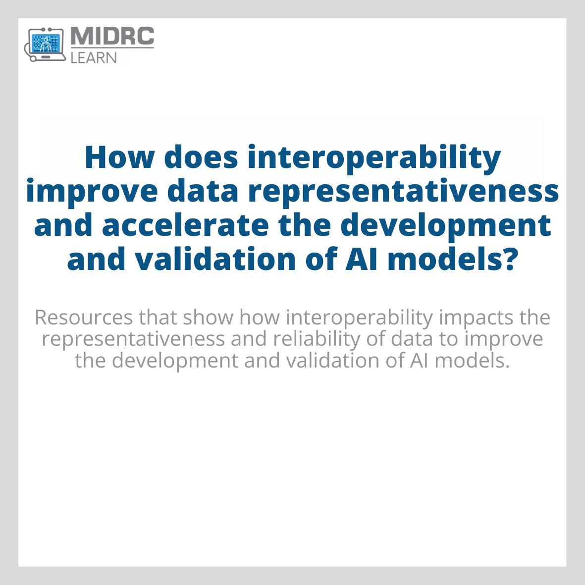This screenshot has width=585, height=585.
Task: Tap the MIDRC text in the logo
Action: tap(112, 37)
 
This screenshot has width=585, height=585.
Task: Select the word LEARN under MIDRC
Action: tap(94, 57)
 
